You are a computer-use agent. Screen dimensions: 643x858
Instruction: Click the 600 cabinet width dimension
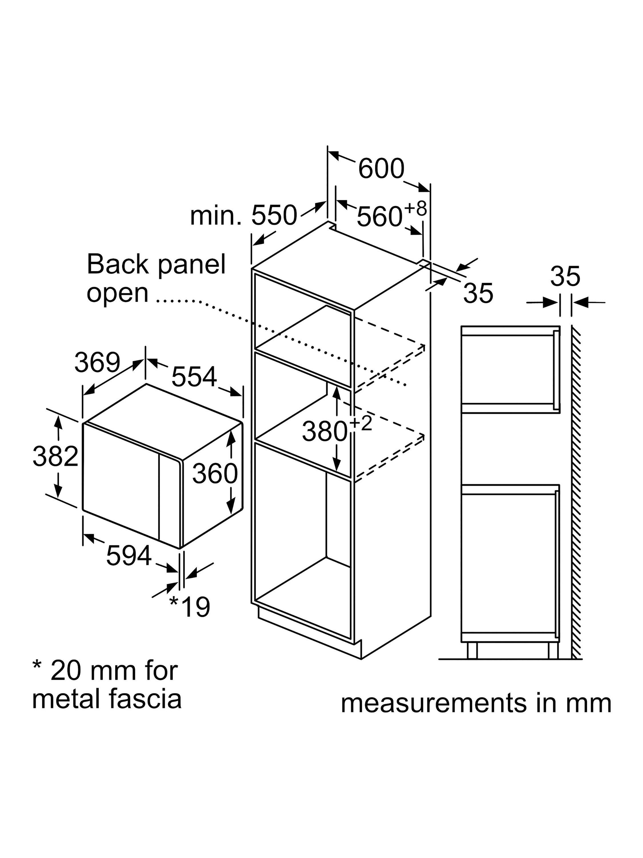[381, 168]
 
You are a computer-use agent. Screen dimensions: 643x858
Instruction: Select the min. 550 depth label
[243, 215]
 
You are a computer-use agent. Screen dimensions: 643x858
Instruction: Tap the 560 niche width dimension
[379, 217]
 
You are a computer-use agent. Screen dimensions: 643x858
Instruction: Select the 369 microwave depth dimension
[97, 363]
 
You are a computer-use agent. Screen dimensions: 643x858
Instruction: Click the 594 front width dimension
[129, 555]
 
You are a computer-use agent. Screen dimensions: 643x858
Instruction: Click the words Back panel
[156, 265]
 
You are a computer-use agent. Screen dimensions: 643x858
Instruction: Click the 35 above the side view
[565, 276]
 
